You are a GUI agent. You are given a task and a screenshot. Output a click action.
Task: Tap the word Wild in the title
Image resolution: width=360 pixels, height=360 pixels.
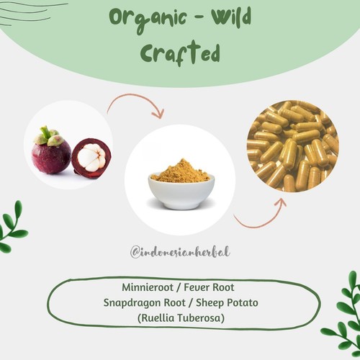(225, 17)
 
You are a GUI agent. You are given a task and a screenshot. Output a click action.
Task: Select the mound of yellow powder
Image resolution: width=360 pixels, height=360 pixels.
(180, 172)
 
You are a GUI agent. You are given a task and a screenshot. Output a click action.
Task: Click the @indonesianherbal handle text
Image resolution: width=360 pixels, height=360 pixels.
(179, 252)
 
